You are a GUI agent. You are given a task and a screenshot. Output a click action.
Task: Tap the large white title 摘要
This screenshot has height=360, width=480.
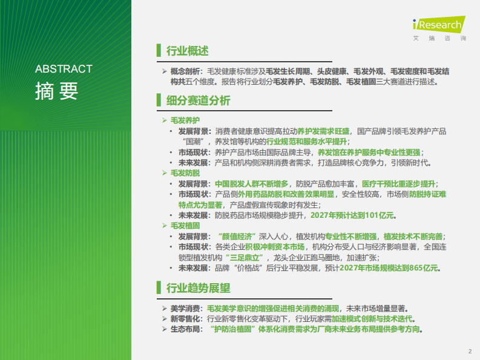point(56,91)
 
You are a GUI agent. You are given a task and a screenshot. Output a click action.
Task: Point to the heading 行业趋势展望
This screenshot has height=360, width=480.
point(198,288)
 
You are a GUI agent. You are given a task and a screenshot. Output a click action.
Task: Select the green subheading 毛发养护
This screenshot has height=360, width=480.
point(185,120)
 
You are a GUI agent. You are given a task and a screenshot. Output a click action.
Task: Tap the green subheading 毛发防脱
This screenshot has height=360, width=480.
point(185,173)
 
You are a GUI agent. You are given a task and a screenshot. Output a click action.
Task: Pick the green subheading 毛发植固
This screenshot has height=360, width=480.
point(185,226)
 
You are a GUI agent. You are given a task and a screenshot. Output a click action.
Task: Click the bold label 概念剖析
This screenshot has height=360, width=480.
point(185,71)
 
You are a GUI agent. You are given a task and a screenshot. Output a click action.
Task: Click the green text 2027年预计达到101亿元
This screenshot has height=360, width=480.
point(352,215)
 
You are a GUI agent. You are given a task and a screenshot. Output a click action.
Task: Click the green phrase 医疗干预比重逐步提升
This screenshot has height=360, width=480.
point(399,183)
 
